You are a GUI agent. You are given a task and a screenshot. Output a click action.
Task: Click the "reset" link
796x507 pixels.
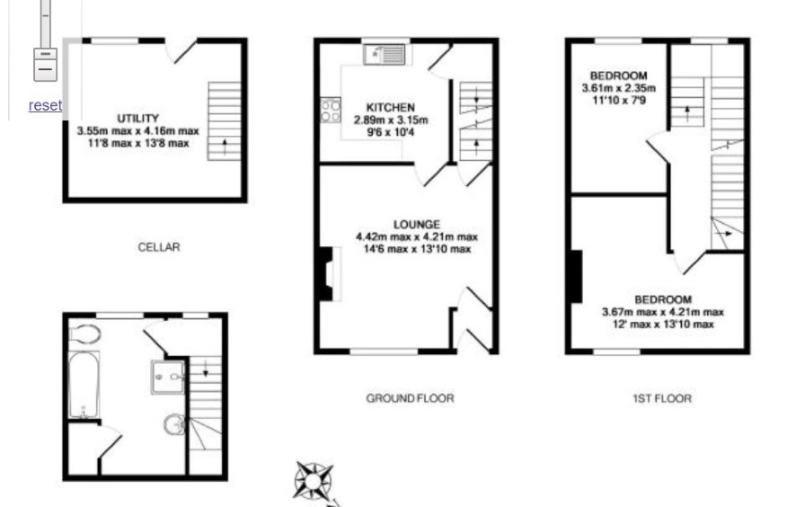coord(45,105)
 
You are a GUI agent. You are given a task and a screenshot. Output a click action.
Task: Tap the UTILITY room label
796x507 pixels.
coord(138,119)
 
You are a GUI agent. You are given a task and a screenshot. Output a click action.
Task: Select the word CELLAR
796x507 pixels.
coord(159,247)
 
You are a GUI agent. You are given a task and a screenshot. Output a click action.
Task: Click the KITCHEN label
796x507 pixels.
coord(391,108)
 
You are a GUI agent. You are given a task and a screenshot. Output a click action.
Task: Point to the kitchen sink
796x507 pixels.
coord(385,54)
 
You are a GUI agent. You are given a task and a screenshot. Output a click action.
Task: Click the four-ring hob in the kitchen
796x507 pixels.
coord(331,111)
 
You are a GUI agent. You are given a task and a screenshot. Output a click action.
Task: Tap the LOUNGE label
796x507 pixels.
coord(417,225)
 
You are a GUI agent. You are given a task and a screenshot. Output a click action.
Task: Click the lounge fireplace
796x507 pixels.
coord(329,274)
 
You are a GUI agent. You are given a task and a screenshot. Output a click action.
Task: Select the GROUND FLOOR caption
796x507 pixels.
coord(411,398)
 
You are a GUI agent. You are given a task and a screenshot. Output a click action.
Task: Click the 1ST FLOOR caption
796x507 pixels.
coord(662,398)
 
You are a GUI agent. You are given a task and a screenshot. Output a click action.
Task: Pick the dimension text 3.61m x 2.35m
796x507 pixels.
coord(618,88)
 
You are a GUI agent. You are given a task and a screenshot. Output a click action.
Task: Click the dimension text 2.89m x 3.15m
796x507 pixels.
coord(391,120)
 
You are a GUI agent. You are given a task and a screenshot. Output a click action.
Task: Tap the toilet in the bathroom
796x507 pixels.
coord(84,334)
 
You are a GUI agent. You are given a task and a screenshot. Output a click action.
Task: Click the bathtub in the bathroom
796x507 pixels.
coord(84,385)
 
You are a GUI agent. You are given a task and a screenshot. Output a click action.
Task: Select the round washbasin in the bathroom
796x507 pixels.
coord(174,424)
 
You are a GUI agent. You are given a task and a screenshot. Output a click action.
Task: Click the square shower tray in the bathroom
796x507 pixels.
coord(167,378)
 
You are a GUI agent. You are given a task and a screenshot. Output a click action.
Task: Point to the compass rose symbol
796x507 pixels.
coord(314,480)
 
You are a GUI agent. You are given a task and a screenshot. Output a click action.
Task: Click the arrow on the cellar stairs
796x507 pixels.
coord(225,147)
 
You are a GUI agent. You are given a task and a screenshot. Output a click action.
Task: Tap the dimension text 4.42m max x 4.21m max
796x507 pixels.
coord(417,236)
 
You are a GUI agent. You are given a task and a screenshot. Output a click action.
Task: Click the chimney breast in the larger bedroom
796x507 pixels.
coord(576,276)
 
